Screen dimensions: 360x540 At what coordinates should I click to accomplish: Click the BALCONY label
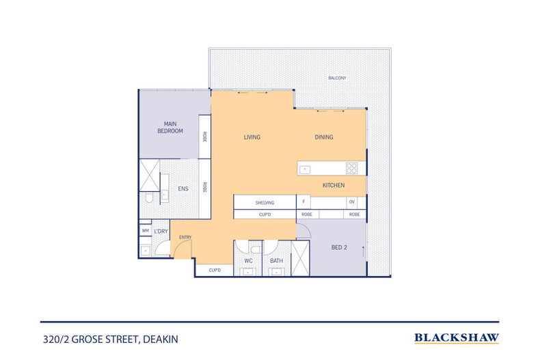(336, 78)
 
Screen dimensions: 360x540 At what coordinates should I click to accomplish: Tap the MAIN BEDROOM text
(170, 127)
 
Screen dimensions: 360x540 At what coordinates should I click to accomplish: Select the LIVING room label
(252, 137)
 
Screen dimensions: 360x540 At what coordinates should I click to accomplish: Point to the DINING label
(324, 137)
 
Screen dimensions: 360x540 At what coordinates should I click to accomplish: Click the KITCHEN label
(334, 185)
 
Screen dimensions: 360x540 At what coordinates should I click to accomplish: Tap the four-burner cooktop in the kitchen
(351, 168)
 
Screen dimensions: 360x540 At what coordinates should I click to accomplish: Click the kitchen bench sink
(306, 168)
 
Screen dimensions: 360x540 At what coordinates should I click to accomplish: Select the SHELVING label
(265, 202)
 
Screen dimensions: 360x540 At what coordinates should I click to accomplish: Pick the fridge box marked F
(303, 202)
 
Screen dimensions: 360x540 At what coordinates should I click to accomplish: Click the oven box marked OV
(352, 202)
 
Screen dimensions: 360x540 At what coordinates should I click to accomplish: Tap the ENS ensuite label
(183, 189)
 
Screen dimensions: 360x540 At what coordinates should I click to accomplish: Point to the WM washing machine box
(145, 232)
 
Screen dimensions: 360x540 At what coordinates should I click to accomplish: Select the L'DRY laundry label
(161, 232)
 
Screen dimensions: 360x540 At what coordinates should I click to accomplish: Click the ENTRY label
(185, 237)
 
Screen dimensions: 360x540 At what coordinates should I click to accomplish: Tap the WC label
(249, 260)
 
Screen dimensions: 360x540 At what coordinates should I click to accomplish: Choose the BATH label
(276, 260)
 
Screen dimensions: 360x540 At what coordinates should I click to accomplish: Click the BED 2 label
(340, 247)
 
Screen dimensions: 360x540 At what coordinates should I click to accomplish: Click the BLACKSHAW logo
(457, 337)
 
